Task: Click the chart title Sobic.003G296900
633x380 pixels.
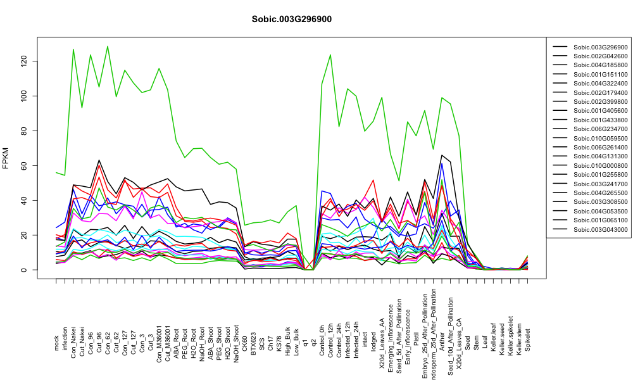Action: pyautogui.click(x=291, y=19)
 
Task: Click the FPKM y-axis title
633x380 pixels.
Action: pyautogui.click(x=6, y=158)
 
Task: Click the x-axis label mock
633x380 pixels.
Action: pyautogui.click(x=56, y=343)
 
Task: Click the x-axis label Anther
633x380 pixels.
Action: pyautogui.click(x=442, y=341)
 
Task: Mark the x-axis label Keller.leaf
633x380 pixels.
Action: pyautogui.click(x=493, y=337)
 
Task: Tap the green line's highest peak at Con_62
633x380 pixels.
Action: pyautogui.click(x=108, y=46)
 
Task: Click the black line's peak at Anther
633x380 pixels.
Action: pyautogui.click(x=442, y=155)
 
